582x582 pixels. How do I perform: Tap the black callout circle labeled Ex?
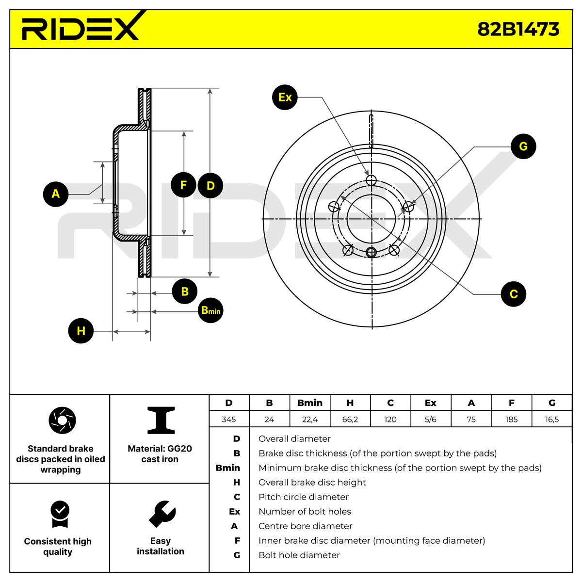(x=285, y=97)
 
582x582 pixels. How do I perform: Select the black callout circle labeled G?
(x=523, y=146)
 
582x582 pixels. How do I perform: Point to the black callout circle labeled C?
(x=514, y=294)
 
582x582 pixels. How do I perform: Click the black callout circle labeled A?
(x=56, y=194)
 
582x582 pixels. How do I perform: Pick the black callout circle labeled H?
(x=81, y=331)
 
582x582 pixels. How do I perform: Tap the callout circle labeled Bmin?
(x=210, y=310)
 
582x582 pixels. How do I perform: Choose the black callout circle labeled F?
(x=183, y=185)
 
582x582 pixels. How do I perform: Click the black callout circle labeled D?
(x=210, y=185)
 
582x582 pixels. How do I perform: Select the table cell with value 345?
(x=229, y=419)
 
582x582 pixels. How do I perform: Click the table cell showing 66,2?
(x=350, y=419)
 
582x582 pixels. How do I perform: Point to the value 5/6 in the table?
(x=430, y=419)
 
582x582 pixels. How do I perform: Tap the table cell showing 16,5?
(x=552, y=419)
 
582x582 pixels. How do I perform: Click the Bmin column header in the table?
(x=310, y=403)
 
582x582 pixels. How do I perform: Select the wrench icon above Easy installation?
(x=162, y=514)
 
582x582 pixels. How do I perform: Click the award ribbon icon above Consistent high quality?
(x=60, y=514)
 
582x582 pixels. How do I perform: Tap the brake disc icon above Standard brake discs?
(x=62, y=420)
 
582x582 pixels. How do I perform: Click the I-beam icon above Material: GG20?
(x=161, y=420)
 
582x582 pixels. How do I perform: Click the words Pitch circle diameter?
(x=303, y=497)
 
